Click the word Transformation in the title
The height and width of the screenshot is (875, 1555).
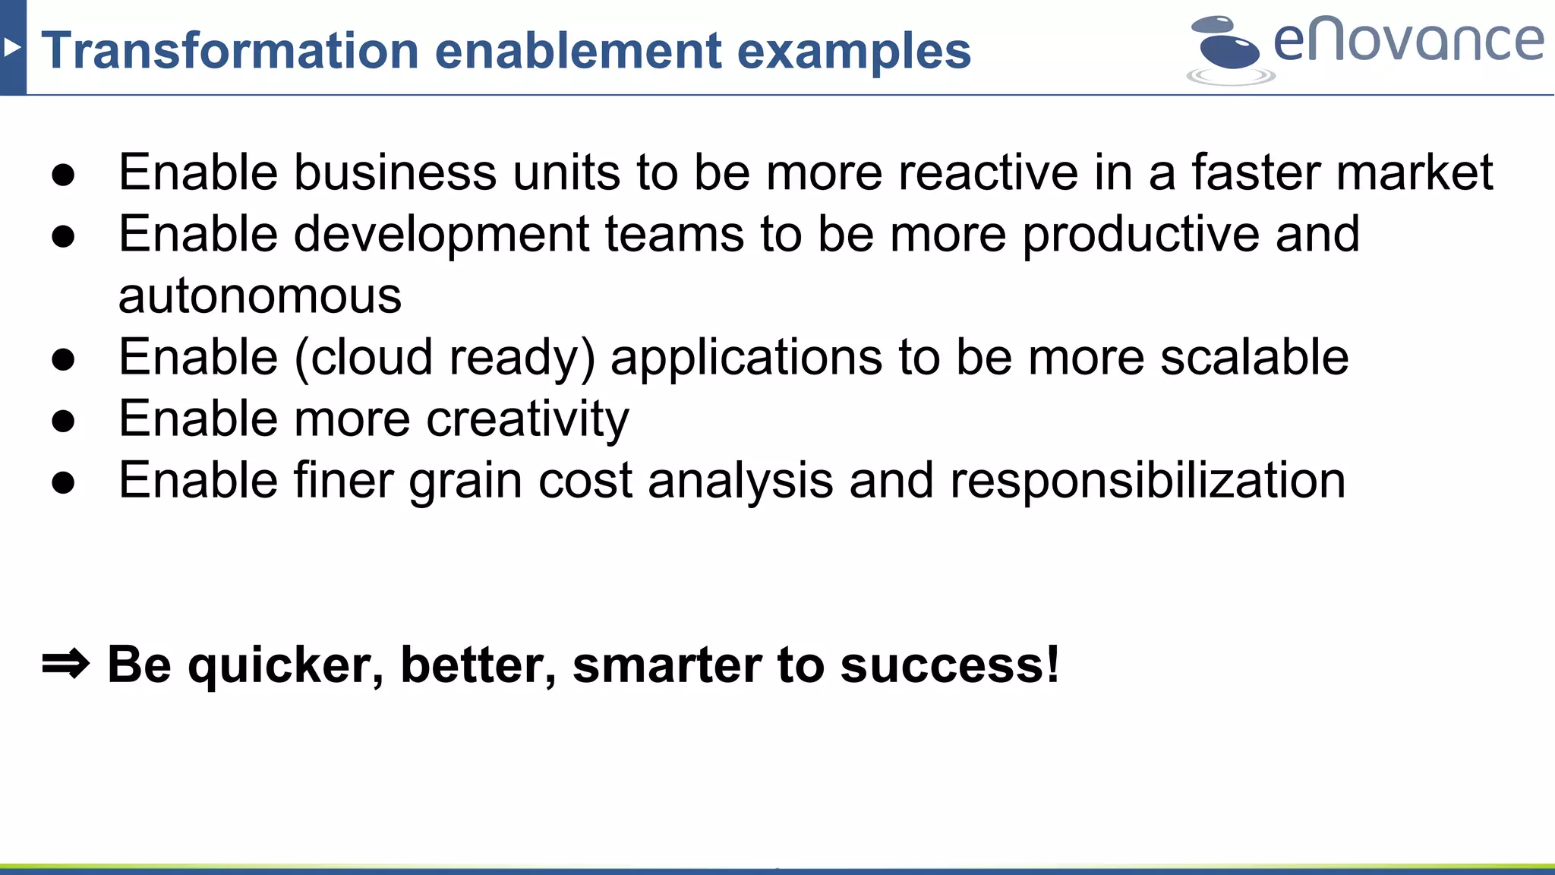(229, 51)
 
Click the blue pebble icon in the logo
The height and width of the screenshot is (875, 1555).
(1229, 49)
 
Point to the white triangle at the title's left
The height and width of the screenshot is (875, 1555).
(11, 48)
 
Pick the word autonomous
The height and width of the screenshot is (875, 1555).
(260, 295)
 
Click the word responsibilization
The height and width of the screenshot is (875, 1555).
(1147, 481)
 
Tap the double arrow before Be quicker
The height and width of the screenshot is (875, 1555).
(65, 665)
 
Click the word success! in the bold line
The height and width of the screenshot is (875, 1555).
(950, 665)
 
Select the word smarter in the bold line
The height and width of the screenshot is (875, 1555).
(667, 665)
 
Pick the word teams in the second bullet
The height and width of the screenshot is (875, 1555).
(674, 234)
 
